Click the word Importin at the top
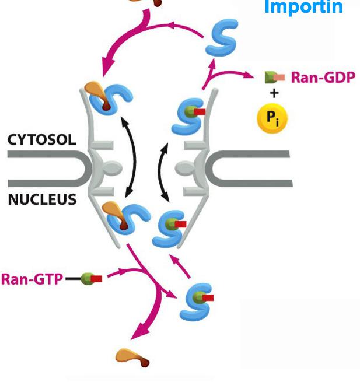coord(303,8)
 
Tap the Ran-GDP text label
coord(323,78)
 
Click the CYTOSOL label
coord(41,140)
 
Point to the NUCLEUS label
coord(42,199)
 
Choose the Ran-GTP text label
coord(32,279)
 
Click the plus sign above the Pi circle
coord(274,93)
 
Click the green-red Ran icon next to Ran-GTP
coord(92,279)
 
